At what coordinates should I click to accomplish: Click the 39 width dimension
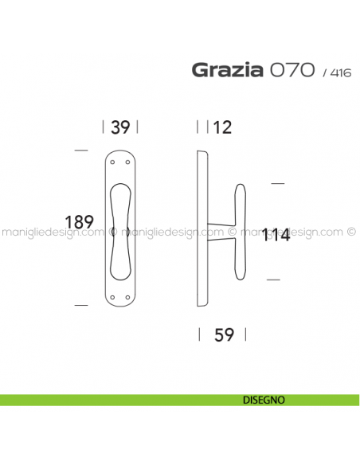pyautogui.click(x=120, y=127)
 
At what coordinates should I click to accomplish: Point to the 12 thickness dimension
pyautogui.click(x=222, y=127)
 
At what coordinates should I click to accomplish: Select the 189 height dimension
pyautogui.click(x=80, y=222)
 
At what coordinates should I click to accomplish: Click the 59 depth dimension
pyautogui.click(x=225, y=335)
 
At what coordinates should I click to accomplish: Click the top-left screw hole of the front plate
pyautogui.click(x=113, y=163)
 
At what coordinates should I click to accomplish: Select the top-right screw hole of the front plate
pyautogui.click(x=127, y=163)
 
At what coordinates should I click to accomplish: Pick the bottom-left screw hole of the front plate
pyautogui.click(x=113, y=299)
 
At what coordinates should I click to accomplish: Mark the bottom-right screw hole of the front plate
pyautogui.click(x=127, y=299)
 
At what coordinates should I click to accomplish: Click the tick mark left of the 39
pyautogui.click(x=104, y=127)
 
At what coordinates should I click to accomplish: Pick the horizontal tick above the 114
pyautogui.click(x=277, y=183)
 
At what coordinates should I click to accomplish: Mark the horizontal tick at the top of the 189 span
pyautogui.click(x=80, y=150)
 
